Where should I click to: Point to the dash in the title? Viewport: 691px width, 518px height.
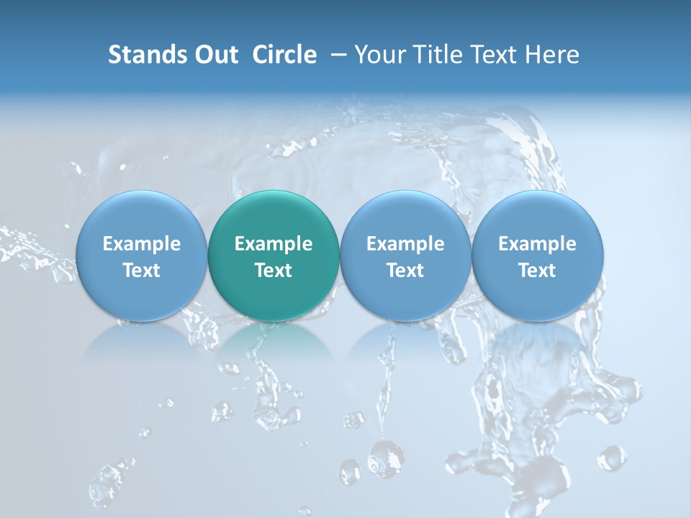pyautogui.click(x=336, y=55)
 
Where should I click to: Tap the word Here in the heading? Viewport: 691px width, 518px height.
pyautogui.click(x=554, y=55)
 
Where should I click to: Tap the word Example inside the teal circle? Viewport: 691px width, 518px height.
pyautogui.click(x=274, y=244)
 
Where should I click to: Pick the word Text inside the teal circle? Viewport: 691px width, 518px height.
pyautogui.click(x=274, y=271)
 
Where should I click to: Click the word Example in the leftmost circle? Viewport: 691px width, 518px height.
pyautogui.click(x=141, y=244)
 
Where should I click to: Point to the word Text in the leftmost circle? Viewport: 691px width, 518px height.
pyautogui.click(x=141, y=271)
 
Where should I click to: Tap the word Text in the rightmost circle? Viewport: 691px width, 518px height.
pyautogui.click(x=537, y=271)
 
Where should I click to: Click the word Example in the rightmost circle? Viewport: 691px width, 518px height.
pyautogui.click(x=537, y=244)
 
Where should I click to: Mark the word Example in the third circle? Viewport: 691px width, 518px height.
pyautogui.click(x=405, y=244)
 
